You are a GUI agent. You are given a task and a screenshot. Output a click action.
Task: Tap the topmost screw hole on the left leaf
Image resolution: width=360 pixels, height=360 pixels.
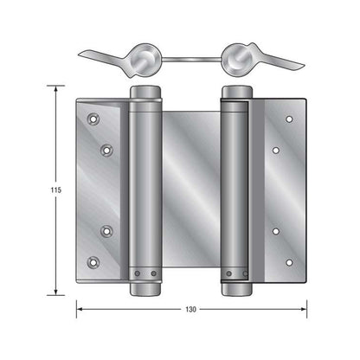tap(93, 114)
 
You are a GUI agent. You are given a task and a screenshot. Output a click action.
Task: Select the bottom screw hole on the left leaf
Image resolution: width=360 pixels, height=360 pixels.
tap(93, 261)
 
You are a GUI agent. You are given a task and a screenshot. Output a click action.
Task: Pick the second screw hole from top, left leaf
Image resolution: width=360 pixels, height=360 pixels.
tap(107, 150)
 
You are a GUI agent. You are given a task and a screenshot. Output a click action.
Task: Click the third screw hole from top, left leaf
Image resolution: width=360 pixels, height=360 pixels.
tap(107, 230)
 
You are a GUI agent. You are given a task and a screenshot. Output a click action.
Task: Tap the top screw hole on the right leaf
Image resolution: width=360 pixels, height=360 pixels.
tap(288, 119)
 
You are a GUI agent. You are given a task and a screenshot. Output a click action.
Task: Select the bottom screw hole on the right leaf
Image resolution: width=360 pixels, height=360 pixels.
tap(288, 259)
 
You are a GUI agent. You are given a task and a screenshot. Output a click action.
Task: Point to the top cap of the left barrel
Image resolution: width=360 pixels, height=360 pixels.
tap(145, 93)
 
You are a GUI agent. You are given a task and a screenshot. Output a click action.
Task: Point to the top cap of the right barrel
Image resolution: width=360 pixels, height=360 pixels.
tap(235, 93)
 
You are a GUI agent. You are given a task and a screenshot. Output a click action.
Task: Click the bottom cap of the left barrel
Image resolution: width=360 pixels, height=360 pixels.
tap(145, 288)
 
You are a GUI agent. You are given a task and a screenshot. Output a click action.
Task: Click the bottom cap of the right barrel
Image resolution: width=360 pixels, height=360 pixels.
tap(235, 288)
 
